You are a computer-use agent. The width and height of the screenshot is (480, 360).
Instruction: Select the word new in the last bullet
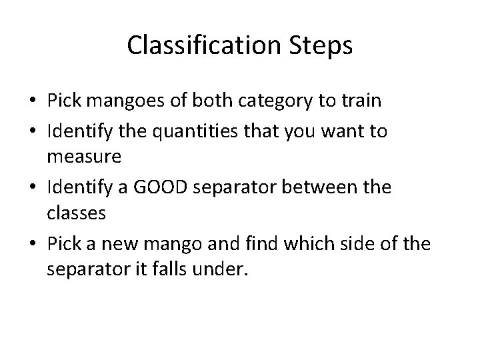click(112, 244)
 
